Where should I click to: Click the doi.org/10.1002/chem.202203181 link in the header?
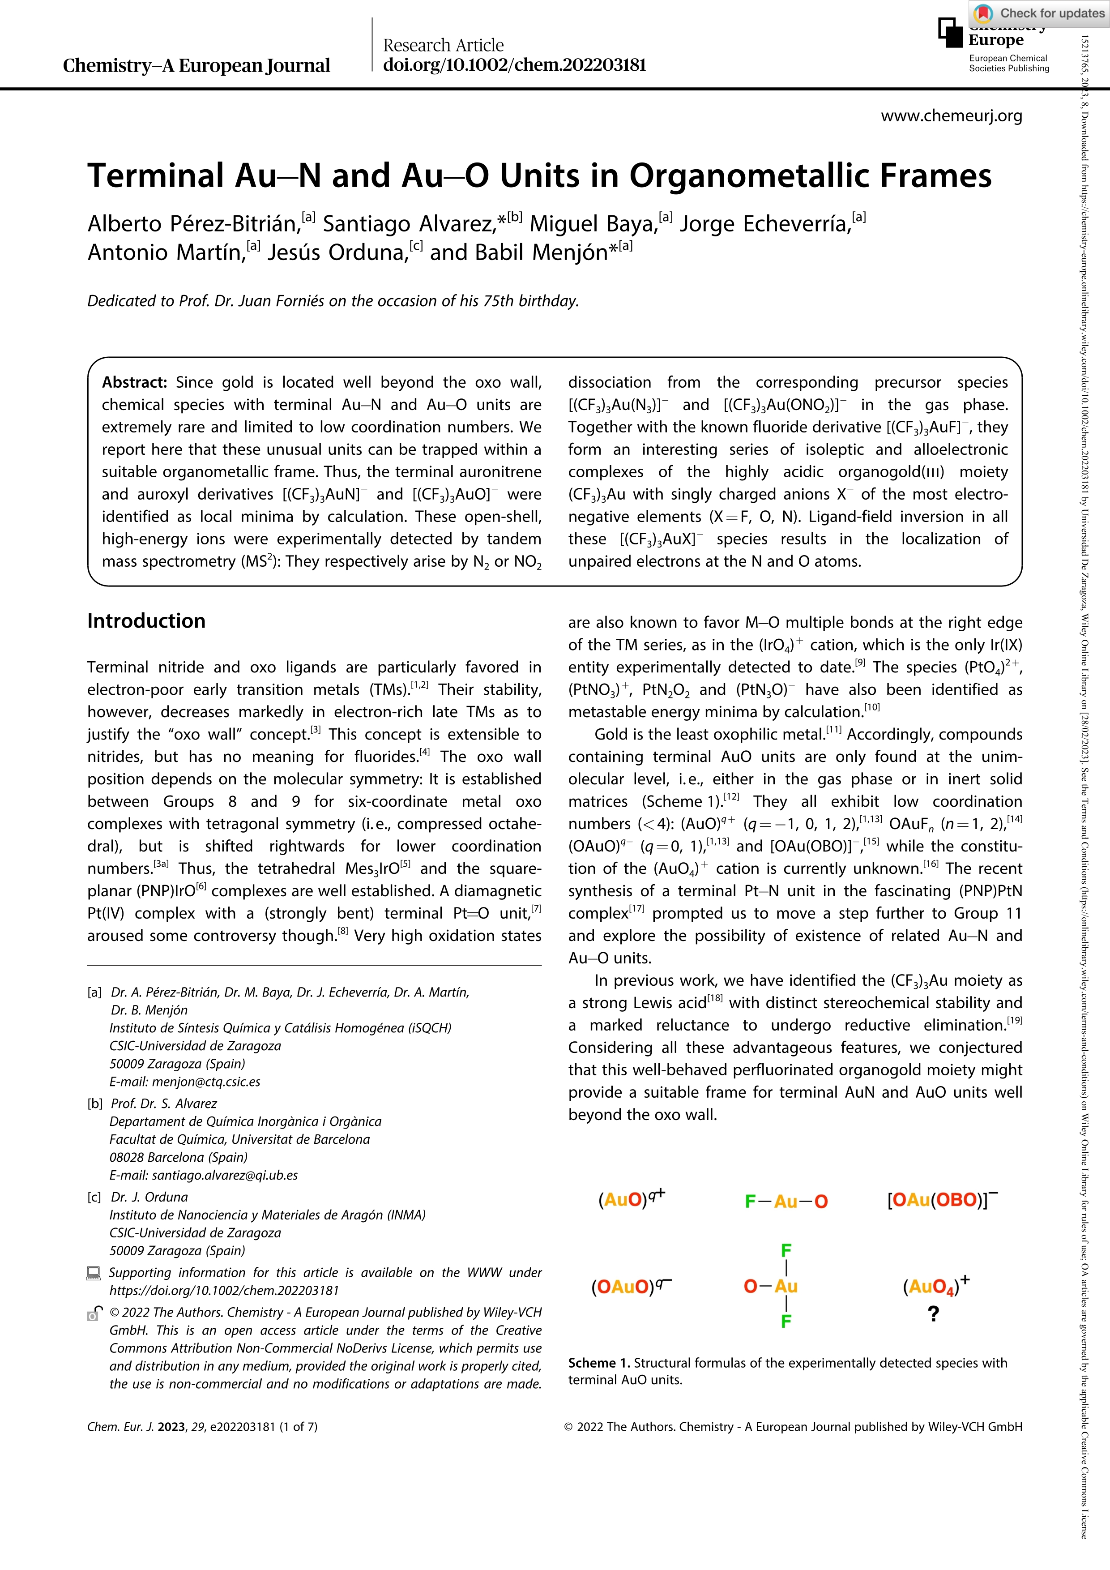point(514,65)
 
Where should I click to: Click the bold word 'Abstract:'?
point(135,382)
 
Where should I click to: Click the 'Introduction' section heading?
point(146,621)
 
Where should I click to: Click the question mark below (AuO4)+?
point(934,1313)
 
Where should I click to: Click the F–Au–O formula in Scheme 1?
point(786,1202)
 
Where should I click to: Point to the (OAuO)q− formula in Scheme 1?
point(631,1287)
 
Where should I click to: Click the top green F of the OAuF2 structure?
point(786,1251)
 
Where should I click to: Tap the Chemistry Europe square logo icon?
point(950,33)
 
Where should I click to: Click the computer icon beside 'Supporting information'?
point(94,1273)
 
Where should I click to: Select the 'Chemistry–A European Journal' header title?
point(196,66)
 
